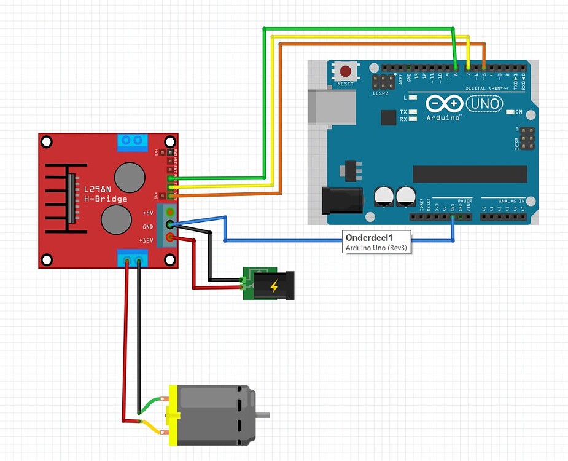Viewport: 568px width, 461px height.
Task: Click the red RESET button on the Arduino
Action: click(346, 71)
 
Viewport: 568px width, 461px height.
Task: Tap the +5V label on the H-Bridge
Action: click(147, 213)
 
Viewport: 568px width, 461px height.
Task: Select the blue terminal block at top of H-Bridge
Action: click(133, 142)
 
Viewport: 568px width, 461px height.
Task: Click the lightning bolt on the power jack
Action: click(274, 286)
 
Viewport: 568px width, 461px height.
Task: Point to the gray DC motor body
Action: click(212, 415)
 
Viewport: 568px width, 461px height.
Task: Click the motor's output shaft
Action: click(263, 415)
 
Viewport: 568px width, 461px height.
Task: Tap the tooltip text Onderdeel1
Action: click(368, 238)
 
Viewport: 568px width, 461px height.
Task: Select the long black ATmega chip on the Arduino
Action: click(470, 174)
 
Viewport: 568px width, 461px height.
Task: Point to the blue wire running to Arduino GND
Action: click(338, 240)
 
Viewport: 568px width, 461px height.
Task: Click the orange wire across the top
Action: click(381, 44)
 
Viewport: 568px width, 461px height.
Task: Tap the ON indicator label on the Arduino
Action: click(519, 112)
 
